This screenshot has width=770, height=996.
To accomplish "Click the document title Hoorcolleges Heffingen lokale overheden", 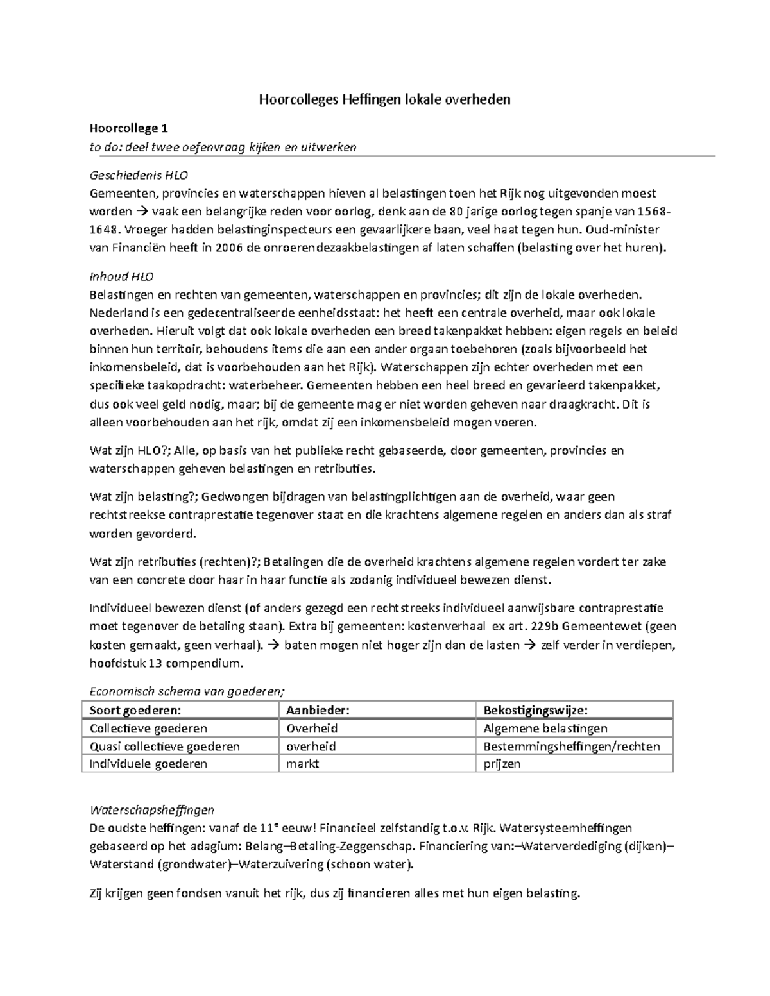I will coord(384,99).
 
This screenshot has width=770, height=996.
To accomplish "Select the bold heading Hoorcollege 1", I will coord(128,129).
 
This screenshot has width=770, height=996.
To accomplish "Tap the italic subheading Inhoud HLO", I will coord(121,277).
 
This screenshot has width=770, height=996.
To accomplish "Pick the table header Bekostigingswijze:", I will coord(535,711).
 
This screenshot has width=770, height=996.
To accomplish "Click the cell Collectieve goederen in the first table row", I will coord(148,729).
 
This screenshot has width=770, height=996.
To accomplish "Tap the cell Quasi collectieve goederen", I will coord(165,747).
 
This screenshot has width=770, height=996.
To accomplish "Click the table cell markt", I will coord(302,764).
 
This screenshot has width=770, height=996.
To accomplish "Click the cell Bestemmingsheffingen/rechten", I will coord(571,747).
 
